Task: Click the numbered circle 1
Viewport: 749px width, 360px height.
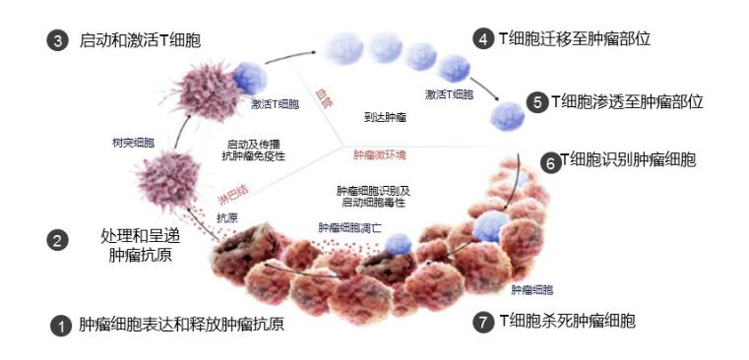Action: pyautogui.click(x=61, y=326)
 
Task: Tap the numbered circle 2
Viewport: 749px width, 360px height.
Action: pyautogui.click(x=57, y=240)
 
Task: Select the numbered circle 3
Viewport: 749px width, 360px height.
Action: pyautogui.click(x=57, y=41)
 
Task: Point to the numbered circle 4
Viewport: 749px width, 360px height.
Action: pyautogui.click(x=483, y=39)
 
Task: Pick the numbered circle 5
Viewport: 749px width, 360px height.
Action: pyautogui.click(x=537, y=102)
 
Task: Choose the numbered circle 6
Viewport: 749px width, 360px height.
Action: pyautogui.click(x=551, y=163)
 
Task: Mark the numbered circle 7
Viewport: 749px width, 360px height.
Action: pyautogui.click(x=483, y=323)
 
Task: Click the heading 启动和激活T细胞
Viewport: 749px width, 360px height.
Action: pyautogui.click(x=140, y=40)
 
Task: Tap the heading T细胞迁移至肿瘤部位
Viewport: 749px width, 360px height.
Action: pyautogui.click(x=575, y=38)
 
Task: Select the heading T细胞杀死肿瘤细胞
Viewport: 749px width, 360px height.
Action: pyautogui.click(x=567, y=322)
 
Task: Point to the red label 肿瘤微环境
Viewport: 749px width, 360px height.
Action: pyautogui.click(x=380, y=155)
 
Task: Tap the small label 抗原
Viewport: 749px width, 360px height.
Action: pyautogui.click(x=227, y=218)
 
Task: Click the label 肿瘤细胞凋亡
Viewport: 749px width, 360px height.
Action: pyautogui.click(x=350, y=228)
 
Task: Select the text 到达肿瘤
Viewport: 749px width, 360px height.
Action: pyautogui.click(x=385, y=117)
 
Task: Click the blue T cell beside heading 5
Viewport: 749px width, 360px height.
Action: pyautogui.click(x=508, y=116)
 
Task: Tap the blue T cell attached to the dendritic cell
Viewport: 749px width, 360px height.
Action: pyautogui.click(x=249, y=79)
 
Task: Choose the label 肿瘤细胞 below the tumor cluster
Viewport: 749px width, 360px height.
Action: pyautogui.click(x=532, y=289)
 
